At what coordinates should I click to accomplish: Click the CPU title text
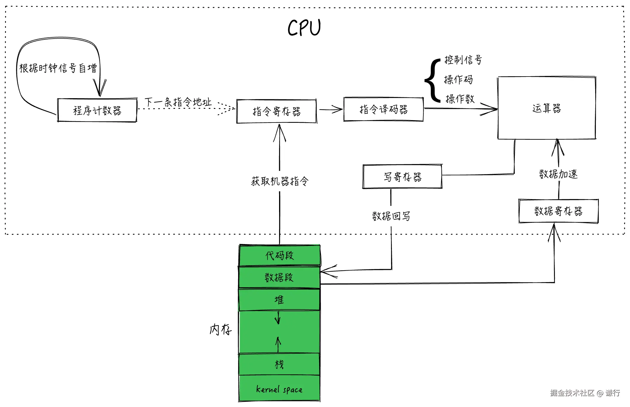pos(304,28)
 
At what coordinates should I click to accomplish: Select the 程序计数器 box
pos(97,110)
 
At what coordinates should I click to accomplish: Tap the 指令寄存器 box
pos(276,112)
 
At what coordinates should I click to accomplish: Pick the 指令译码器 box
pos(383,109)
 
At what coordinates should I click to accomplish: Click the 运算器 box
pos(547,108)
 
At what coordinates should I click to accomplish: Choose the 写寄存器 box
pos(402,177)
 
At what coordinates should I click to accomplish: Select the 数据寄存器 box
pos(558,211)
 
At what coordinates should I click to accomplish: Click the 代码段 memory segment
pos(279,255)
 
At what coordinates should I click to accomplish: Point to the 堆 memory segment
pos(279,300)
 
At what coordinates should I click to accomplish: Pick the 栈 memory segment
pos(279,364)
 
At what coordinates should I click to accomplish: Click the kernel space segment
pos(279,389)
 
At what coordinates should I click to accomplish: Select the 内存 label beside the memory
pos(220,329)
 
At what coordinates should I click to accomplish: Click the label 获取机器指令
pos(280,181)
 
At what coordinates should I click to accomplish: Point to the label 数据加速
pos(558,174)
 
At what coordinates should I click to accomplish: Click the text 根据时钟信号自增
pos(58,68)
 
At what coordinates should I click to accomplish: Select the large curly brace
pos(433,80)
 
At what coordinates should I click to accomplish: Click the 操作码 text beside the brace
pos(458,80)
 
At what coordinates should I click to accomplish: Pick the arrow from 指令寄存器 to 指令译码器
pos(330,109)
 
